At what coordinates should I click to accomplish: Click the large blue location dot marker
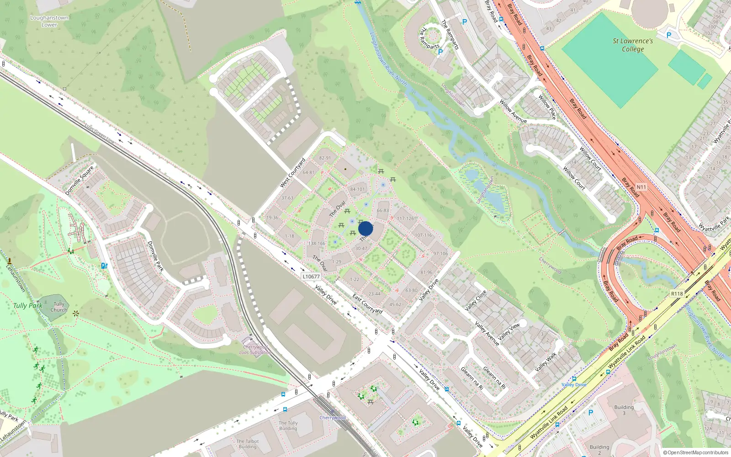pyautogui.click(x=365, y=228)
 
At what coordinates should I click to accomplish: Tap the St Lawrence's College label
pyautogui.click(x=633, y=45)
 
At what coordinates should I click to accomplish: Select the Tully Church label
pyautogui.click(x=59, y=307)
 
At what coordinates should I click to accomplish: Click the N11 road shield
pyautogui.click(x=641, y=187)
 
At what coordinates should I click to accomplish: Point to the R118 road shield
pyautogui.click(x=677, y=294)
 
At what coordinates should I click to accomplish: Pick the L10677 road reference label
pyautogui.click(x=311, y=276)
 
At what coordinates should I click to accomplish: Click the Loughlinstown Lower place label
pyautogui.click(x=49, y=21)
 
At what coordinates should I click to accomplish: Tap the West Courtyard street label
pyautogui.click(x=292, y=173)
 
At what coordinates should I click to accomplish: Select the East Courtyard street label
pyautogui.click(x=367, y=304)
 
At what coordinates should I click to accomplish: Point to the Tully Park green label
pyautogui.click(x=27, y=306)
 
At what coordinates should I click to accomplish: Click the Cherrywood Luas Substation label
pyautogui.click(x=255, y=350)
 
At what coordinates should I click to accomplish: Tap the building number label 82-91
pyautogui.click(x=325, y=158)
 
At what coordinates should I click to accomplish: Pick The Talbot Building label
pyautogui.click(x=248, y=444)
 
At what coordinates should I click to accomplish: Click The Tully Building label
pyautogui.click(x=288, y=425)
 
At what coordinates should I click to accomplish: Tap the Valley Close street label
pyautogui.click(x=476, y=300)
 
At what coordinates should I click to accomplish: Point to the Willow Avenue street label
pyautogui.click(x=513, y=112)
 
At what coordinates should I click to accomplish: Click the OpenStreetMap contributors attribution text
pyautogui.click(x=696, y=452)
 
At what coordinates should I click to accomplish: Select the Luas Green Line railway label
pyautogui.click(x=99, y=134)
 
